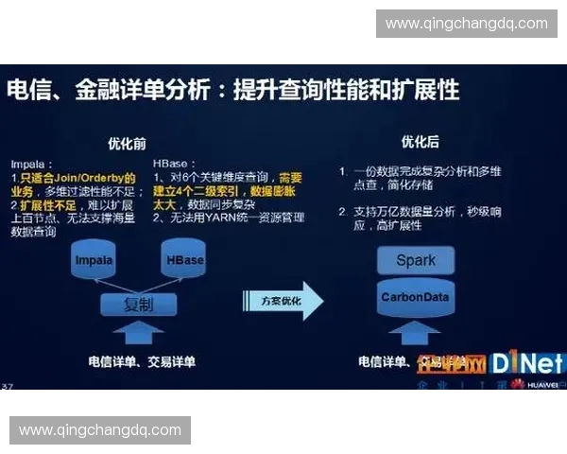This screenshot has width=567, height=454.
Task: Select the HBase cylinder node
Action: click(182, 260)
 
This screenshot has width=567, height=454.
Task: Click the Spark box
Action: click(416, 260)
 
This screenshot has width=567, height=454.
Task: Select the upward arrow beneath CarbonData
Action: click(416, 334)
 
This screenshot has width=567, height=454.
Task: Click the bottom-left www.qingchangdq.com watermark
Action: click(100, 430)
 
